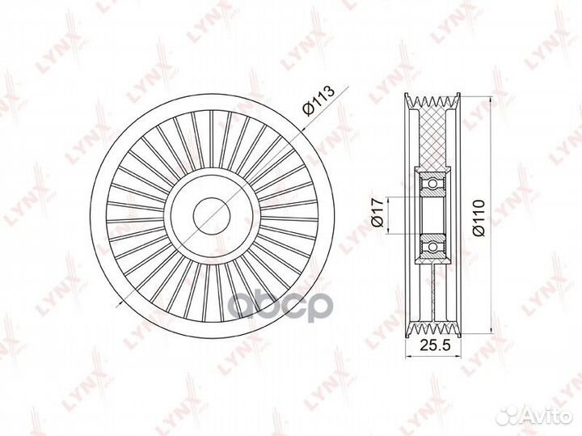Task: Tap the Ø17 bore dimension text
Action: tap(377, 212)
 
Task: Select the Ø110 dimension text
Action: tap(479, 217)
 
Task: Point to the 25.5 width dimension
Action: tap(435, 345)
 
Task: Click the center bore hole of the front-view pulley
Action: tap(213, 216)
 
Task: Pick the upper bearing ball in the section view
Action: tap(432, 183)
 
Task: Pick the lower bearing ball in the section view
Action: tap(432, 247)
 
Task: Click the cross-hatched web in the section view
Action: tap(432, 138)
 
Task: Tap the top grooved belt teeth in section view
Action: tap(432, 101)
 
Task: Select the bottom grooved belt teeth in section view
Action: tap(432, 329)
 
